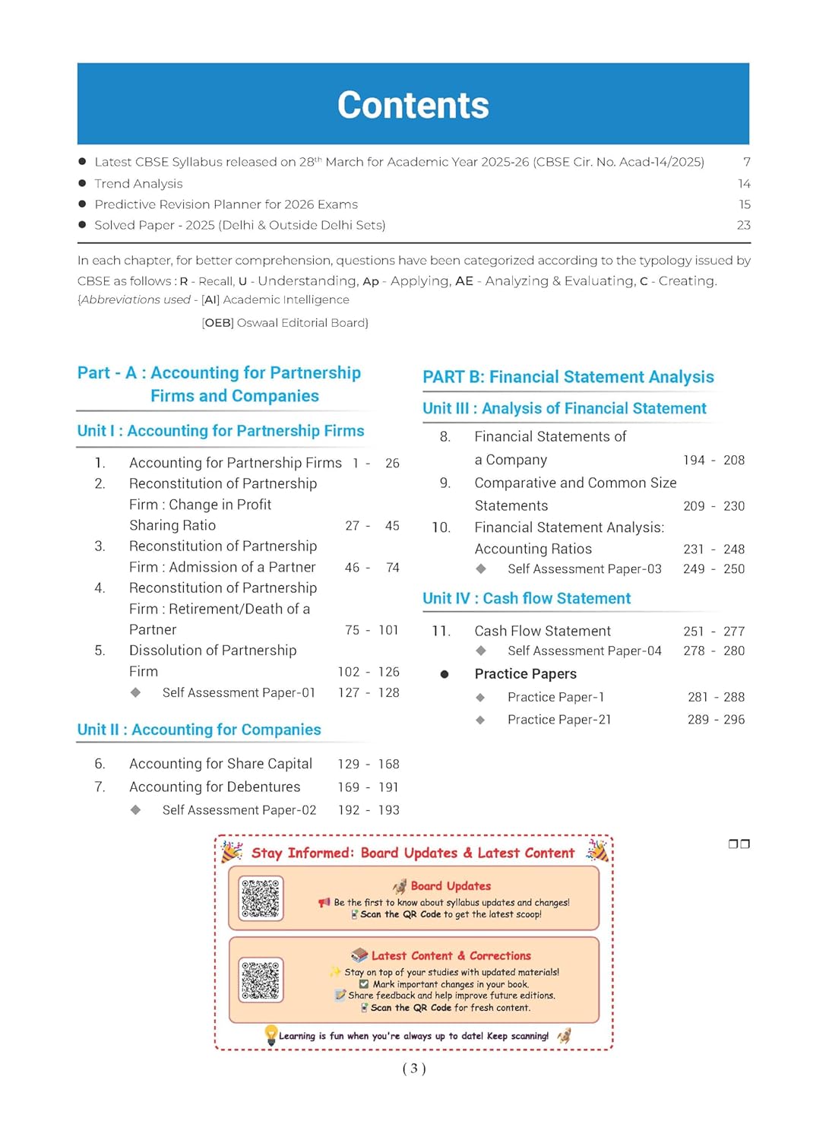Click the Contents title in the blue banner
click(x=413, y=105)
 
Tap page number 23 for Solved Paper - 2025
click(x=743, y=225)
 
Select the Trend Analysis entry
click(x=138, y=184)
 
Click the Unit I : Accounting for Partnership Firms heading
click(x=220, y=431)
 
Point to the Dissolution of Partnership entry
click(x=213, y=651)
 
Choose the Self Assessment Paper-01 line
click(x=239, y=692)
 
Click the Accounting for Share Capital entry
click(x=220, y=764)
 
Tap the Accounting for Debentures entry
click(x=214, y=787)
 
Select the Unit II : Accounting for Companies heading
click(x=199, y=730)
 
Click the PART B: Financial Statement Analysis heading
click(x=568, y=377)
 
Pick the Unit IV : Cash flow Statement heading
click(x=527, y=599)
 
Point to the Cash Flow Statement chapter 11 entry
click(x=543, y=631)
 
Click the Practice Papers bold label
click(x=525, y=674)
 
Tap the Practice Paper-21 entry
click(x=559, y=720)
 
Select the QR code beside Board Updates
click(x=261, y=898)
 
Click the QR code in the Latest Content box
click(x=261, y=980)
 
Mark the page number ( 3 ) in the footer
click(x=414, y=1069)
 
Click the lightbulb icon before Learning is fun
click(x=271, y=1034)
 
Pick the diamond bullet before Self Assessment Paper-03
click(x=480, y=568)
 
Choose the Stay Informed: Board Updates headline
click(x=413, y=853)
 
